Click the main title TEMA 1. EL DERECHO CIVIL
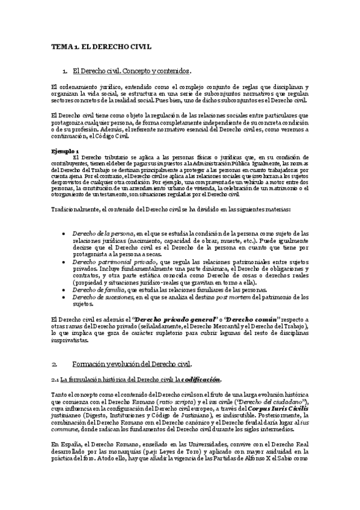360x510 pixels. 101,46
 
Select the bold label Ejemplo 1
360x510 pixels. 65,150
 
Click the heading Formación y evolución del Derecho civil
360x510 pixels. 132,364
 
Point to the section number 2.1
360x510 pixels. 55,379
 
